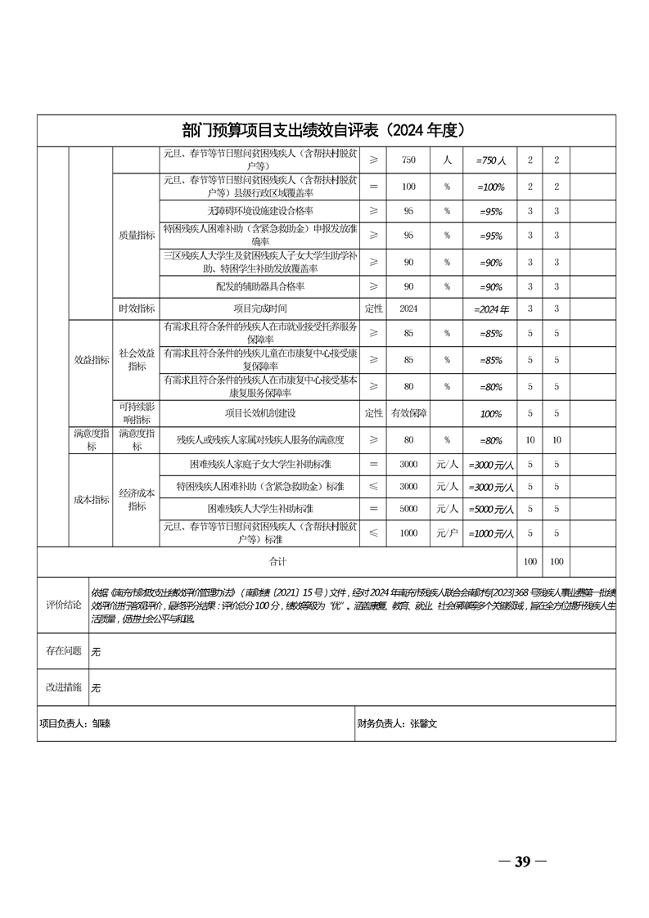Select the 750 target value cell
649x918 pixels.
click(x=408, y=160)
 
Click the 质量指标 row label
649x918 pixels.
click(x=136, y=235)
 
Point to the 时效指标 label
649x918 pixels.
click(x=136, y=308)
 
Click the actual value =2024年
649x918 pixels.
click(x=491, y=309)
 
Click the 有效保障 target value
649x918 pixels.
click(x=408, y=413)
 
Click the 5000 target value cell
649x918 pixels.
click(x=408, y=508)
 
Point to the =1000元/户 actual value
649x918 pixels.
click(x=491, y=534)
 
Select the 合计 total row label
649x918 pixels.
click(x=278, y=562)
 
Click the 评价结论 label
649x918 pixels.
click(x=62, y=604)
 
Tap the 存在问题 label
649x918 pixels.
click(x=62, y=650)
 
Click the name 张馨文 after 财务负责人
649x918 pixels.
click(x=426, y=723)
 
